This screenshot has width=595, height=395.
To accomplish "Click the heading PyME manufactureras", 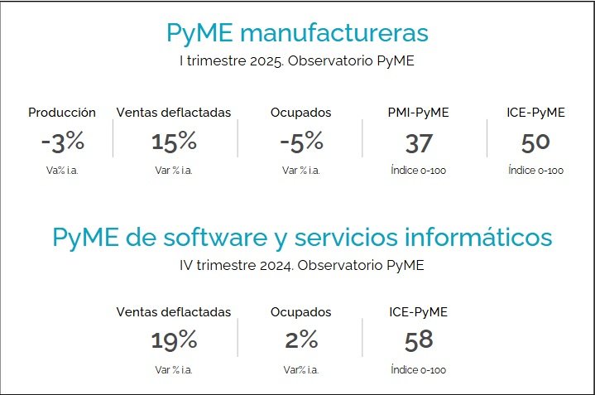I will (x=297, y=33).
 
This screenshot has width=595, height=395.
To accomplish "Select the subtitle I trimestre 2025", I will (x=297, y=60).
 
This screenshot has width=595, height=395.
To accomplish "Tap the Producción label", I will (x=62, y=113).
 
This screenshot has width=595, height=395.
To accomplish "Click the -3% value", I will (x=62, y=142).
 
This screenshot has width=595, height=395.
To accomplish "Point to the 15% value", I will (x=174, y=142).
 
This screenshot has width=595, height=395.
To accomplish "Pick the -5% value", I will (x=300, y=142).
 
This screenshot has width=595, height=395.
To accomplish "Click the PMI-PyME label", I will (x=419, y=113).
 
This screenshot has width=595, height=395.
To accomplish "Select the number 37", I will (x=419, y=142).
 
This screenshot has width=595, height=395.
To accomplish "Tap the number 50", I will (x=535, y=142).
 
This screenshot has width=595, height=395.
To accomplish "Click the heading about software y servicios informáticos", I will (x=302, y=238).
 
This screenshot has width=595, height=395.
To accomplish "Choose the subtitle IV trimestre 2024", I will (x=301, y=265).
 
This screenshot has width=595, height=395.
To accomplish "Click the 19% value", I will (x=174, y=340).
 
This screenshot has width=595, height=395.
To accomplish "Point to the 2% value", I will (x=300, y=340).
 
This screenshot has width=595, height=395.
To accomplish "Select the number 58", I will (x=419, y=340).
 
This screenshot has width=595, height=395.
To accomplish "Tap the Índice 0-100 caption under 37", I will (x=419, y=171).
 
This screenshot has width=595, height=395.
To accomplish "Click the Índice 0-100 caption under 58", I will (x=419, y=369).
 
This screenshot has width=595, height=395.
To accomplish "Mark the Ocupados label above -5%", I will (x=300, y=113).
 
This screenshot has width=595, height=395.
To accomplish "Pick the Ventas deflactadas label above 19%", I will (x=174, y=312).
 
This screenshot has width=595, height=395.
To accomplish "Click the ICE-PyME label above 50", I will (x=535, y=113).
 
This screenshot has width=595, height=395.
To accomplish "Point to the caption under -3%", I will (x=62, y=171).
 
